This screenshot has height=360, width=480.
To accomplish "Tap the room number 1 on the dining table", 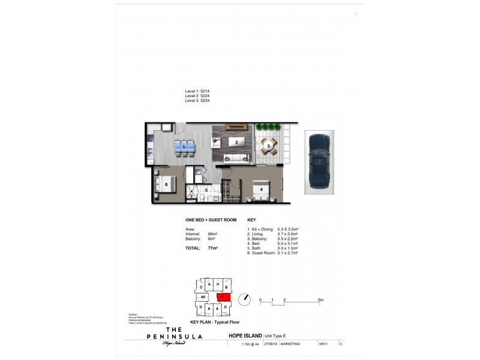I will pos(184,146).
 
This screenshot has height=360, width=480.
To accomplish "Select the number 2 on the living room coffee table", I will pos(237,143).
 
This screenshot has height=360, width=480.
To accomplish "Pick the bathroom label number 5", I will pos(206,190).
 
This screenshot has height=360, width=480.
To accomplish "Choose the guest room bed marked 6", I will pos(164,184).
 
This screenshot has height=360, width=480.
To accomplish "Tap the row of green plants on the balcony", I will pos(268,127).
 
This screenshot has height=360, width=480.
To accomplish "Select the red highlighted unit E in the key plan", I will pos(223,296).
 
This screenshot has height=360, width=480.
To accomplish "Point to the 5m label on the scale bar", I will pos(321,299).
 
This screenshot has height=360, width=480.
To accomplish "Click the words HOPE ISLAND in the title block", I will pos(242,336).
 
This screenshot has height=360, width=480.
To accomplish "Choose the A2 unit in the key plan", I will pos(203,296).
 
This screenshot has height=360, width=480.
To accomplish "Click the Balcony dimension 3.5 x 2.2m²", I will pos(288,239).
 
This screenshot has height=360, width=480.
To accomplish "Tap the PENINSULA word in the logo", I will pos(175,337).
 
